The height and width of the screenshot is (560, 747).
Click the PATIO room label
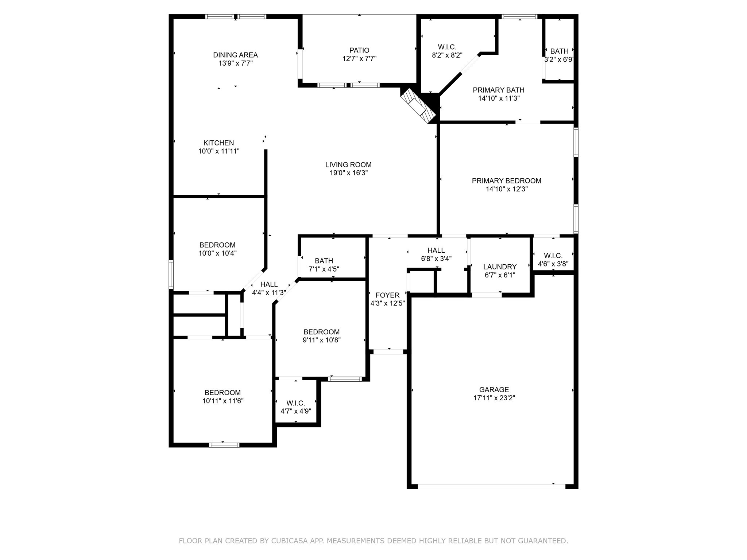pos(359,50)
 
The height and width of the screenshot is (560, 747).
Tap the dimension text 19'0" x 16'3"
pos(348,173)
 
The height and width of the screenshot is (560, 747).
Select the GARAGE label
pos(494,390)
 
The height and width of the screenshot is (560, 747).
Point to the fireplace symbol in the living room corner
pos(418,105)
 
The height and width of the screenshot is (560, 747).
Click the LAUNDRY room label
pos(500,267)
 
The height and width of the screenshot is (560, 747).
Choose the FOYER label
pos(387,295)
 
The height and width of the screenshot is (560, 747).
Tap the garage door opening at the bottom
pos(491,486)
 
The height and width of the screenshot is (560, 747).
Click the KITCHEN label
pos(218,143)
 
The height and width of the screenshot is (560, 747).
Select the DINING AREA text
pos(235,55)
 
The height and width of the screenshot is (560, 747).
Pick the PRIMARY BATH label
pos(499,90)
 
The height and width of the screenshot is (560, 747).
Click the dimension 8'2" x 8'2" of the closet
pos(447,55)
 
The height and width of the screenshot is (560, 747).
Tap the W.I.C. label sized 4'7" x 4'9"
pos(295,403)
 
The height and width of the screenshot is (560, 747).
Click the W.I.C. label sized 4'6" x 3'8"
pos(553,256)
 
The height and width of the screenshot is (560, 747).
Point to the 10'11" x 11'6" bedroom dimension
pos(223,401)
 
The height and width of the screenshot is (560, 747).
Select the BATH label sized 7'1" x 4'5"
pos(324,261)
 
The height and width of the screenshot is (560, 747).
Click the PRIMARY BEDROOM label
pos(506,181)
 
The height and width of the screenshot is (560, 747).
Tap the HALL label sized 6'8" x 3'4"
pos(436,250)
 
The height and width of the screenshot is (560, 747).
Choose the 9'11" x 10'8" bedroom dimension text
pos(321,340)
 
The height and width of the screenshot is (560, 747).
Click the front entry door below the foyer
pos(388,352)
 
